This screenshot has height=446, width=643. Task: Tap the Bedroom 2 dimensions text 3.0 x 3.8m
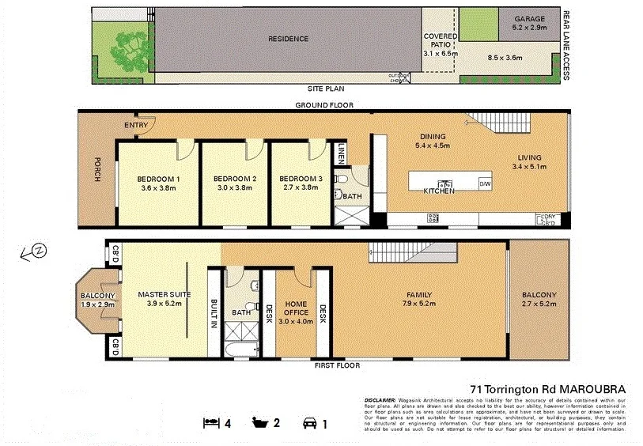point(235,188)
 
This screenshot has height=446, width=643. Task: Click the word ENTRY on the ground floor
point(136,126)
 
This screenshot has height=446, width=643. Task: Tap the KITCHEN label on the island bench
point(437,191)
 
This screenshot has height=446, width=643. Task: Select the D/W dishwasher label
point(485,184)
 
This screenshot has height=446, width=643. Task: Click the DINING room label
point(433,136)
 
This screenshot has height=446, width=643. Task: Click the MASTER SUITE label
point(160,296)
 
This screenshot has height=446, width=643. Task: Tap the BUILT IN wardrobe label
point(214,314)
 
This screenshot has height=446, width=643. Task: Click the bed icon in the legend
point(211,422)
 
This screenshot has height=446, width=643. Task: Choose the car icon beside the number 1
point(309,423)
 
